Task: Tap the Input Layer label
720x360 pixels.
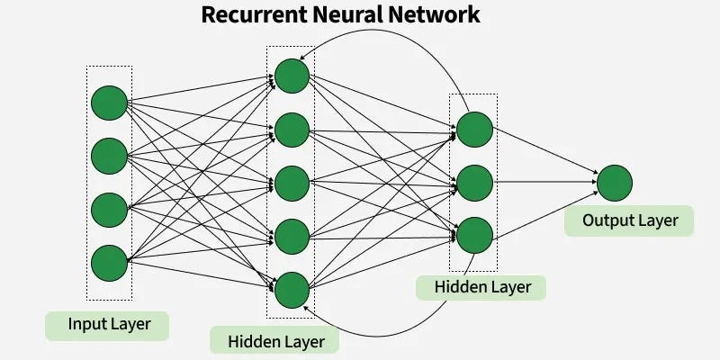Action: point(109,324)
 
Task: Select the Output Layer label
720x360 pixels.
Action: point(629,220)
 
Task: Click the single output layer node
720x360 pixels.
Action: point(615,182)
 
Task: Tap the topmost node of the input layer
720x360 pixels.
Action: point(109,103)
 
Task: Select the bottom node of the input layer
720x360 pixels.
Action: point(109,262)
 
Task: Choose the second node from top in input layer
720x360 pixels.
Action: point(109,156)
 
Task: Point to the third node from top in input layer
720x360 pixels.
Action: point(109,209)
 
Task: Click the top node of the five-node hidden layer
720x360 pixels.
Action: point(292,76)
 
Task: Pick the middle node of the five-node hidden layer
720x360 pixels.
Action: point(292,183)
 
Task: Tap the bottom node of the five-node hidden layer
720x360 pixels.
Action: point(292,290)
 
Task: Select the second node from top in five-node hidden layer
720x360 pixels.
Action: point(292,130)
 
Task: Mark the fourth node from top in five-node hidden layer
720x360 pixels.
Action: point(292,237)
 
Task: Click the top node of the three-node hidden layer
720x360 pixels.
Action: point(474,130)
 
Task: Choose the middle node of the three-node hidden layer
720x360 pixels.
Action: point(474,183)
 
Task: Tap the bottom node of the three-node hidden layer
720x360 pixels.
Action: point(474,236)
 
